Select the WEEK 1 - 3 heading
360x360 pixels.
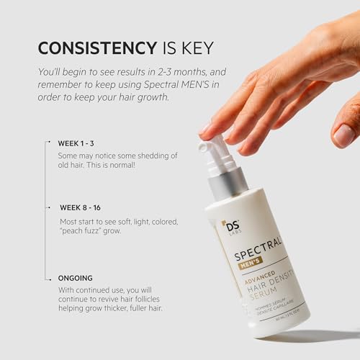(80, 143)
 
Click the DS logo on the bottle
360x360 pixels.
(230, 227)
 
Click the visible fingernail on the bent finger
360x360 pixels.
(344, 135)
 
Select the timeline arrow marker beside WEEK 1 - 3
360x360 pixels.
(48, 143)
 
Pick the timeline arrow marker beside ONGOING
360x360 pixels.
(48, 277)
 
